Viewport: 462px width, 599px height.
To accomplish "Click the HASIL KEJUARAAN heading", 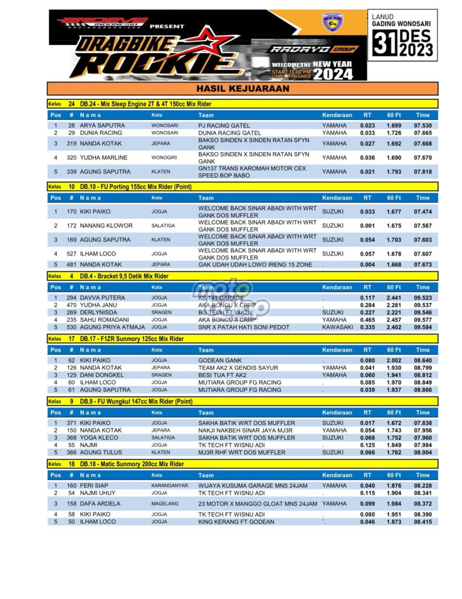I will [x=242, y=89].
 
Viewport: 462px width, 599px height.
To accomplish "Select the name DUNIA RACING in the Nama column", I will [x=101, y=133].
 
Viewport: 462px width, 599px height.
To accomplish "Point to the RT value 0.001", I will [x=367, y=226].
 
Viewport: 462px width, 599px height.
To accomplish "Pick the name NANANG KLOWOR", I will [x=106, y=226].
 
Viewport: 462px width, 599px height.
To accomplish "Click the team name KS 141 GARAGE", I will [x=221, y=298].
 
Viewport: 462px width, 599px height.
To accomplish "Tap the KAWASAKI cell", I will [x=338, y=327].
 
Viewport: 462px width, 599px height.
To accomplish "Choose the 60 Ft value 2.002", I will [x=394, y=360].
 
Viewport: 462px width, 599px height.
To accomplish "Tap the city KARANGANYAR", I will [x=169, y=486].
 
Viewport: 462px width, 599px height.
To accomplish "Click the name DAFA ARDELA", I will [x=100, y=504].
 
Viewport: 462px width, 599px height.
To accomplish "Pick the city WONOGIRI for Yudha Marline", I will [x=165, y=158].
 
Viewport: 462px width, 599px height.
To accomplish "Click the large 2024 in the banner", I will [x=333, y=74].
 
